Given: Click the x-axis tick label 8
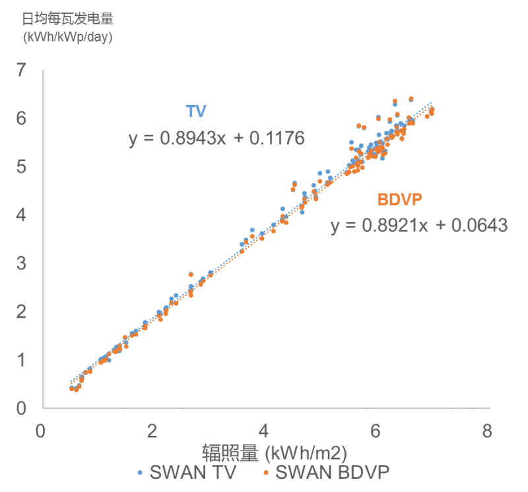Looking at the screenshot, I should click(488, 432).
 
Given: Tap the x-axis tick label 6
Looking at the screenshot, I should click(376, 432).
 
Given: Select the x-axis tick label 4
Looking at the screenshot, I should click(265, 432).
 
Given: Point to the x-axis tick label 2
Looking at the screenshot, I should click(153, 432).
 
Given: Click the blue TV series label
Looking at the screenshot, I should click(196, 111).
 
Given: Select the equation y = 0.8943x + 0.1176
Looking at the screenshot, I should click(216, 138).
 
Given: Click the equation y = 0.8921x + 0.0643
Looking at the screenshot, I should click(419, 226).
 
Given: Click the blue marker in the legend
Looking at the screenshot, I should click(139, 473).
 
